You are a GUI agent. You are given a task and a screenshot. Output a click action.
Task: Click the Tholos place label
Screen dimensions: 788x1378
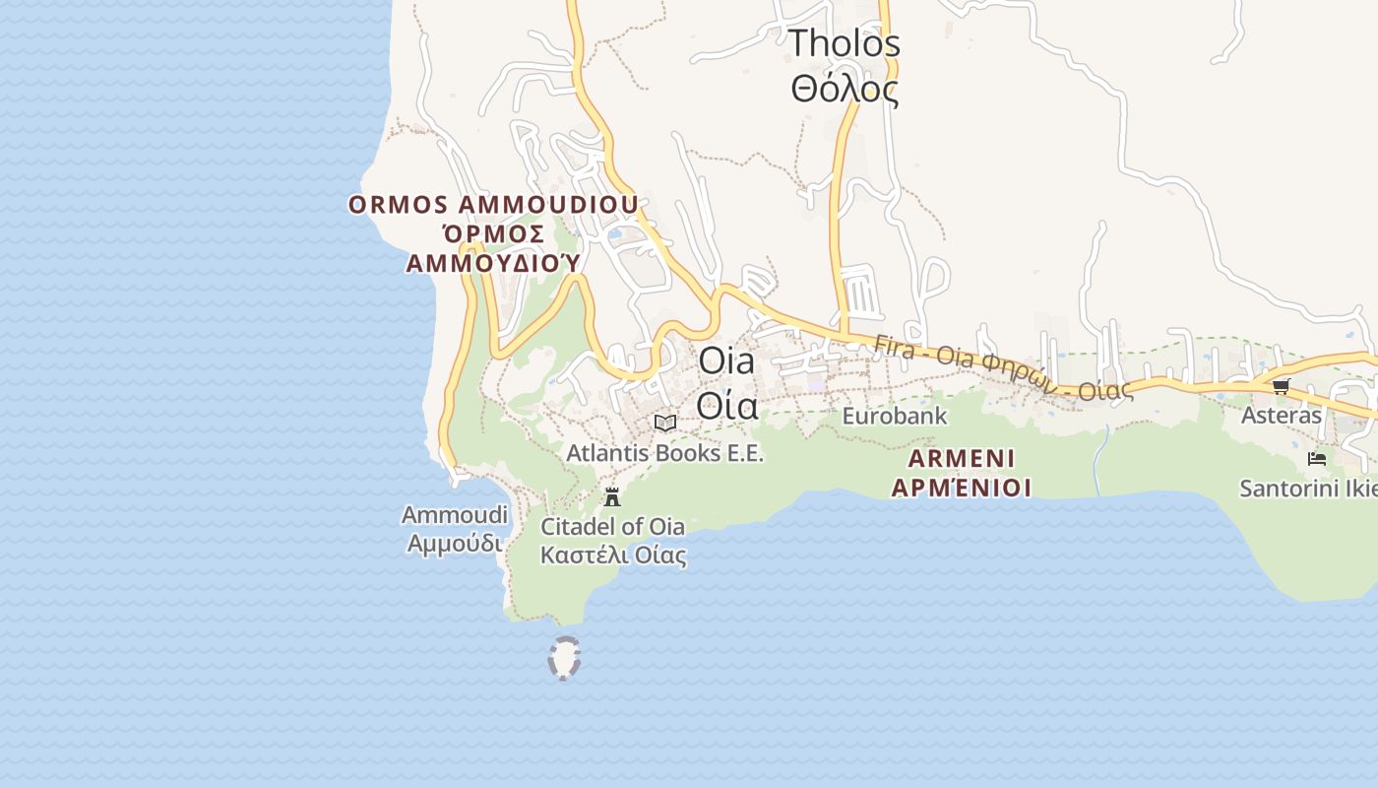click(x=845, y=43)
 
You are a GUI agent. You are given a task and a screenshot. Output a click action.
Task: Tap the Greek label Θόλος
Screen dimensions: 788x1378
click(x=845, y=90)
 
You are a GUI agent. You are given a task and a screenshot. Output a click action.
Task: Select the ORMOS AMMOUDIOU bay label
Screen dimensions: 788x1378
click(x=493, y=205)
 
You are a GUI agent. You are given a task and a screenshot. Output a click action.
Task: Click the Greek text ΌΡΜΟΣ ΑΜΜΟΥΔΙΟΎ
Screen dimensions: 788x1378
click(x=493, y=248)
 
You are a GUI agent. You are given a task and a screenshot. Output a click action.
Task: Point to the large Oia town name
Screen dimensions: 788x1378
click(x=726, y=361)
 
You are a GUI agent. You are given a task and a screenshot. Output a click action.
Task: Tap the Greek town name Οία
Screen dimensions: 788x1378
click(x=726, y=405)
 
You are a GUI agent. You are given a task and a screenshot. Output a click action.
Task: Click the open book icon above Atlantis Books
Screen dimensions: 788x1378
click(x=665, y=423)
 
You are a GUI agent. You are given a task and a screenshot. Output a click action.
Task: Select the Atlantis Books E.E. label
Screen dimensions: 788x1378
click(x=664, y=453)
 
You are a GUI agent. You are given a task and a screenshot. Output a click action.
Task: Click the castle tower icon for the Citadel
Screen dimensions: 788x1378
click(x=612, y=496)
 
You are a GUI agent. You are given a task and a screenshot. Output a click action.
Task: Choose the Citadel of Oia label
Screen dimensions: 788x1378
click(x=612, y=526)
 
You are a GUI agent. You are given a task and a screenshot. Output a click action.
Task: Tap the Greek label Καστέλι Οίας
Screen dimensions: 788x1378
click(x=612, y=555)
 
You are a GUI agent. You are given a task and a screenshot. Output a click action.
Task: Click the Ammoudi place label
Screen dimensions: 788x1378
click(x=455, y=514)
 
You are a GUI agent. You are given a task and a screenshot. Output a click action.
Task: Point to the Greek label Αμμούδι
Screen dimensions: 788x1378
click(x=455, y=543)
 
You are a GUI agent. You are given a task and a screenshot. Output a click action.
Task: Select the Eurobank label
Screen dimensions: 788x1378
click(x=894, y=416)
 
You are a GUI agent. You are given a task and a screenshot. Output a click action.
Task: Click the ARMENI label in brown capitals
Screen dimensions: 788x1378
click(x=961, y=458)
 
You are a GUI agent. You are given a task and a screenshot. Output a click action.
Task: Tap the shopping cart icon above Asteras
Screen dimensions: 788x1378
click(x=1281, y=386)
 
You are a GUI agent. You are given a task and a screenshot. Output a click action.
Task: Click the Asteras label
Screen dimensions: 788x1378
click(x=1281, y=415)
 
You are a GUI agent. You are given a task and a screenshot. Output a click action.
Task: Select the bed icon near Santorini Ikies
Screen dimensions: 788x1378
click(x=1316, y=459)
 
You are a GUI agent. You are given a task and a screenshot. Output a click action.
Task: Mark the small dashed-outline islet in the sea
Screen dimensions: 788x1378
click(x=564, y=658)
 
